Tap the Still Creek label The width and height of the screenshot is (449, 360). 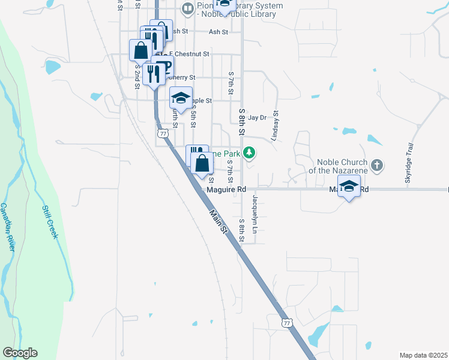pyautogui.click(x=49, y=223)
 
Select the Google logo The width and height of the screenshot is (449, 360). pyautogui.click(x=20, y=353)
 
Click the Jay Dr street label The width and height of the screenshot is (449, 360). pyautogui.click(x=257, y=118)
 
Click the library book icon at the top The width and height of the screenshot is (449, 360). pyautogui.click(x=188, y=8)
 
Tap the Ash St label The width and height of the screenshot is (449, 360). pyautogui.click(x=218, y=32)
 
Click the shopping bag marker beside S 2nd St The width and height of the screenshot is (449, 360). pyautogui.click(x=140, y=50)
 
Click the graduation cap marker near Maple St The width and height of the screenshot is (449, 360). pyautogui.click(x=180, y=98)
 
